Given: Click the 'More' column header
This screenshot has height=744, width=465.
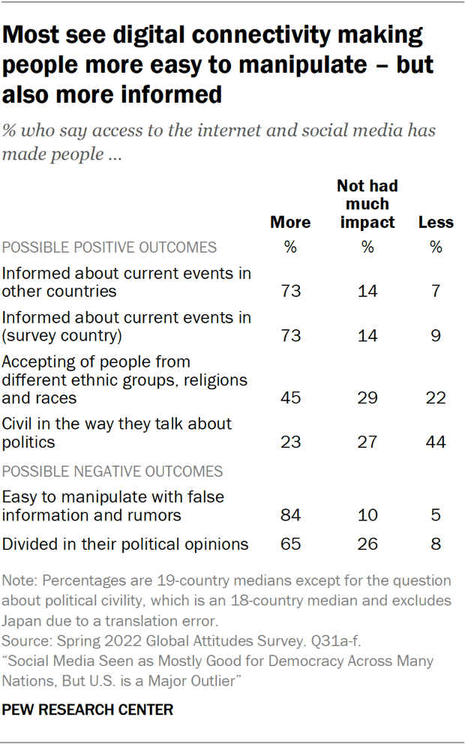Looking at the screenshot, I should point(290,222).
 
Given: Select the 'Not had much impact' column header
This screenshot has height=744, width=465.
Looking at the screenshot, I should point(367,204).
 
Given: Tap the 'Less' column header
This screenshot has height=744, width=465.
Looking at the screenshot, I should point(436,222).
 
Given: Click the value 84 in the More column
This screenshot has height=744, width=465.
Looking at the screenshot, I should point(290,515).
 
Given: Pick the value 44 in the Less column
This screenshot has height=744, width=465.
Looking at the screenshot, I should point(436,442).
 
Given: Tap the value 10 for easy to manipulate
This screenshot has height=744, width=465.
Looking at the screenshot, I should point(367,515).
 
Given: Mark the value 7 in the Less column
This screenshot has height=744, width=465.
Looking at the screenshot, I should point(436,291).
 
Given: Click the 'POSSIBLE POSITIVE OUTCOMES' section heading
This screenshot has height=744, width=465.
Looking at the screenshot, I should point(109,247).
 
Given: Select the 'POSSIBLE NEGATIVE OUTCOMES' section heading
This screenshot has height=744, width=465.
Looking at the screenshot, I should point(112,471).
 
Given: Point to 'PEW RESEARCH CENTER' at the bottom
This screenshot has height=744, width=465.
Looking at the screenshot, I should point(88,709).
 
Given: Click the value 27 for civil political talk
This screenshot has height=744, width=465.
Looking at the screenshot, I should point(367,442).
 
